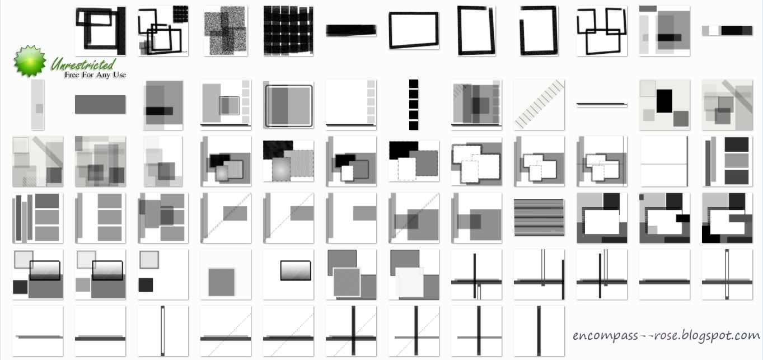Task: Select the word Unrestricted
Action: pos(82,64)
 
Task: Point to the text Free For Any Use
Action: pos(95,75)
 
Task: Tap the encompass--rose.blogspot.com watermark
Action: pos(666,335)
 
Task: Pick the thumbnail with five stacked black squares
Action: pos(414,105)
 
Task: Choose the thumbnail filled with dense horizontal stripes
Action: pos(539,218)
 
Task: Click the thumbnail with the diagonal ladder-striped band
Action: pos(539,105)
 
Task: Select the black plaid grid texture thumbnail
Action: pos(288,31)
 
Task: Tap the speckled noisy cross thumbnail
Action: pos(226,31)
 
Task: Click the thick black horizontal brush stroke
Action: pos(351,31)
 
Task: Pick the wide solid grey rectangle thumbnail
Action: pos(100,105)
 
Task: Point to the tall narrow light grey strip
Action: pos(38,105)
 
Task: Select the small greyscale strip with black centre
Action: pos(727,31)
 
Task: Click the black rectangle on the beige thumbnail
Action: pos(664,101)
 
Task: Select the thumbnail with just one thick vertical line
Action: pos(539,331)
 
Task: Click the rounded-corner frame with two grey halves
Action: pos(288,105)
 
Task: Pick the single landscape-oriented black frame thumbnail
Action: pos(414,31)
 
